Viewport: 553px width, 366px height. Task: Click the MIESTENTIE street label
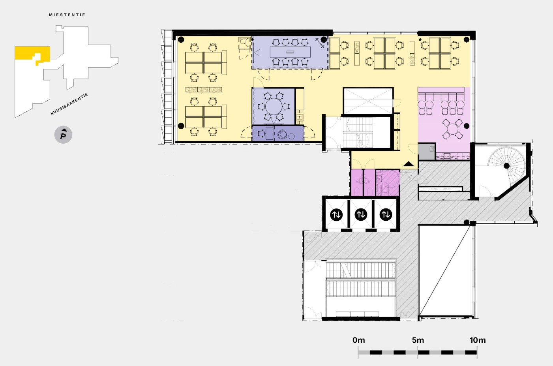pyautogui.click(x=67, y=15)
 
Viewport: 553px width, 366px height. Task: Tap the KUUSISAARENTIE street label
pyautogui.click(x=69, y=104)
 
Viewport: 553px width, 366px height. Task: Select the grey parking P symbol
pyautogui.click(x=63, y=135)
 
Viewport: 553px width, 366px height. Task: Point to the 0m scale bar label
pyautogui.click(x=359, y=340)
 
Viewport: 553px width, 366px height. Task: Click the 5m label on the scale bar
pyautogui.click(x=418, y=340)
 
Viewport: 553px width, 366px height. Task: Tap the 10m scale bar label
pyautogui.click(x=478, y=340)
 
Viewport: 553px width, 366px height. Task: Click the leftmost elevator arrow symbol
pyautogui.click(x=336, y=215)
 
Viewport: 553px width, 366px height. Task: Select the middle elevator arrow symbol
pyautogui.click(x=361, y=215)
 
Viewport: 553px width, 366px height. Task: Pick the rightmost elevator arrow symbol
pyautogui.click(x=386, y=215)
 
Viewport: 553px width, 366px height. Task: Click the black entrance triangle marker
pyautogui.click(x=409, y=164)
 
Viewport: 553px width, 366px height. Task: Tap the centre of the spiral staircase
pyautogui.click(x=506, y=165)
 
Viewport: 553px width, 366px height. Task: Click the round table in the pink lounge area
pyautogui.click(x=452, y=128)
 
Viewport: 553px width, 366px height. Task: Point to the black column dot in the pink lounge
pyautogui.click(x=467, y=126)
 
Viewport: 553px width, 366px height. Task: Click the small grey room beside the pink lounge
pyautogui.click(x=427, y=151)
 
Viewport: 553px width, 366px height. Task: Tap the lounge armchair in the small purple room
pyautogui.click(x=282, y=135)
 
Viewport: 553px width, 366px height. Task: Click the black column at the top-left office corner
pyautogui.click(x=181, y=39)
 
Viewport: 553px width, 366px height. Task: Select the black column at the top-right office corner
pyautogui.click(x=467, y=39)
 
